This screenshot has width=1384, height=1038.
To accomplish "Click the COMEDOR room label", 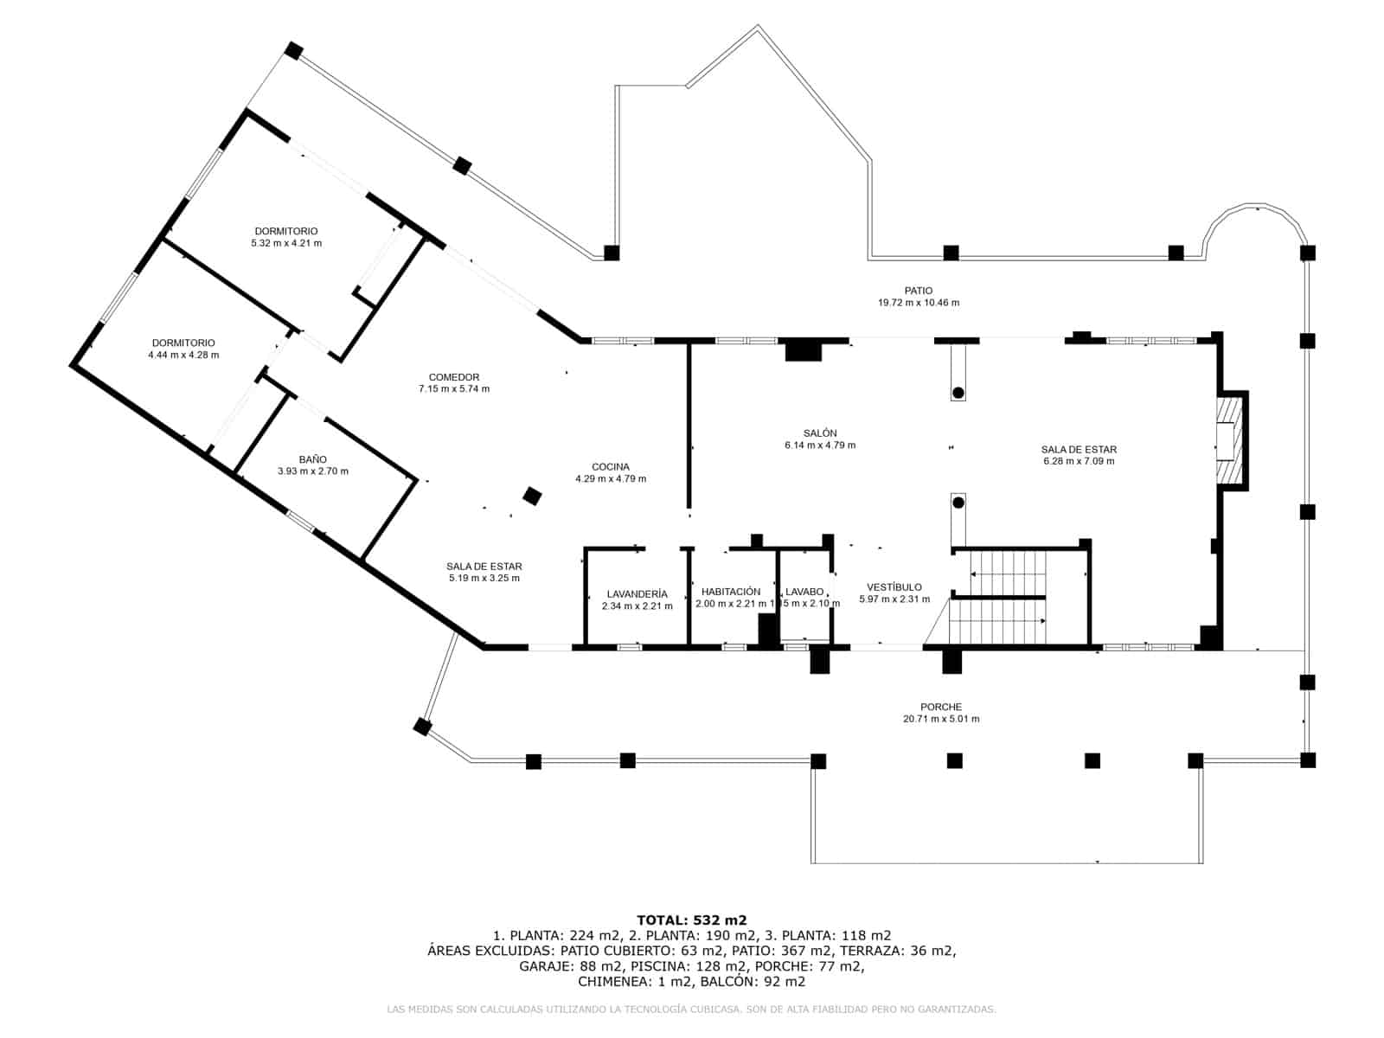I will click(x=453, y=377).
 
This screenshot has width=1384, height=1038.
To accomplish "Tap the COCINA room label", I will click(x=611, y=467).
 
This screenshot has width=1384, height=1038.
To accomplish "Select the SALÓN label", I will click(x=819, y=433).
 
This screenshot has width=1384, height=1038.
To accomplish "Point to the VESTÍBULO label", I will click(x=894, y=587).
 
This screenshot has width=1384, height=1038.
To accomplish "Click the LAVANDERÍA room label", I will click(x=637, y=594).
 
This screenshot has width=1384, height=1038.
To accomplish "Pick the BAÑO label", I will click(x=313, y=459).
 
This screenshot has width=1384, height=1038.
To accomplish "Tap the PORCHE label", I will click(x=941, y=707).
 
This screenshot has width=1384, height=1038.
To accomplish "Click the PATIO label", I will click(x=919, y=291).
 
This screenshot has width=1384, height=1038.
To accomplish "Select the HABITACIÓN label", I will click(x=731, y=592).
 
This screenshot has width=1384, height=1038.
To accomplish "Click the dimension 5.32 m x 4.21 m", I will click(x=286, y=243).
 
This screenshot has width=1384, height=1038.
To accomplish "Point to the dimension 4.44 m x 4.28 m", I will click(x=183, y=355).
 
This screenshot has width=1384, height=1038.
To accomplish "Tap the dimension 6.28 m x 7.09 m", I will click(x=1079, y=461).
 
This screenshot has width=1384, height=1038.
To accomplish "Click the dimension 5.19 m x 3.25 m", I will click(x=484, y=578).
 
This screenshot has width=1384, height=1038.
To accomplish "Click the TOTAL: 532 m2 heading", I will click(x=691, y=919).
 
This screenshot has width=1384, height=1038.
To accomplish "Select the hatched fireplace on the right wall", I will click(x=1227, y=440).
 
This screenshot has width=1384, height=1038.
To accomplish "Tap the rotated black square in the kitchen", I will click(x=533, y=496).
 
